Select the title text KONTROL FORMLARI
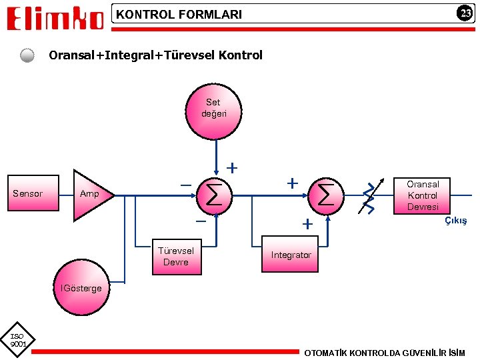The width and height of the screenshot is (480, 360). (179, 14)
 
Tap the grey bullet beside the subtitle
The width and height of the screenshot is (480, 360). (27, 55)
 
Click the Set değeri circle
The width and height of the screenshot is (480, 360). (214, 108)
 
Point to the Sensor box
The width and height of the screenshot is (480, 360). (28, 194)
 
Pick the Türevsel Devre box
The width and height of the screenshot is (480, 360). (176, 257)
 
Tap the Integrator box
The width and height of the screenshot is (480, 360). (291, 255)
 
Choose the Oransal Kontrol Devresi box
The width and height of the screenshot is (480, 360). (423, 195)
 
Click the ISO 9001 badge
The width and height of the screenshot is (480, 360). (17, 341)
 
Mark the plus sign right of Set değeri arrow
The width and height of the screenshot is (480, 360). (232, 167)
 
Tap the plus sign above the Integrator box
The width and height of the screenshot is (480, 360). (307, 225)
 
